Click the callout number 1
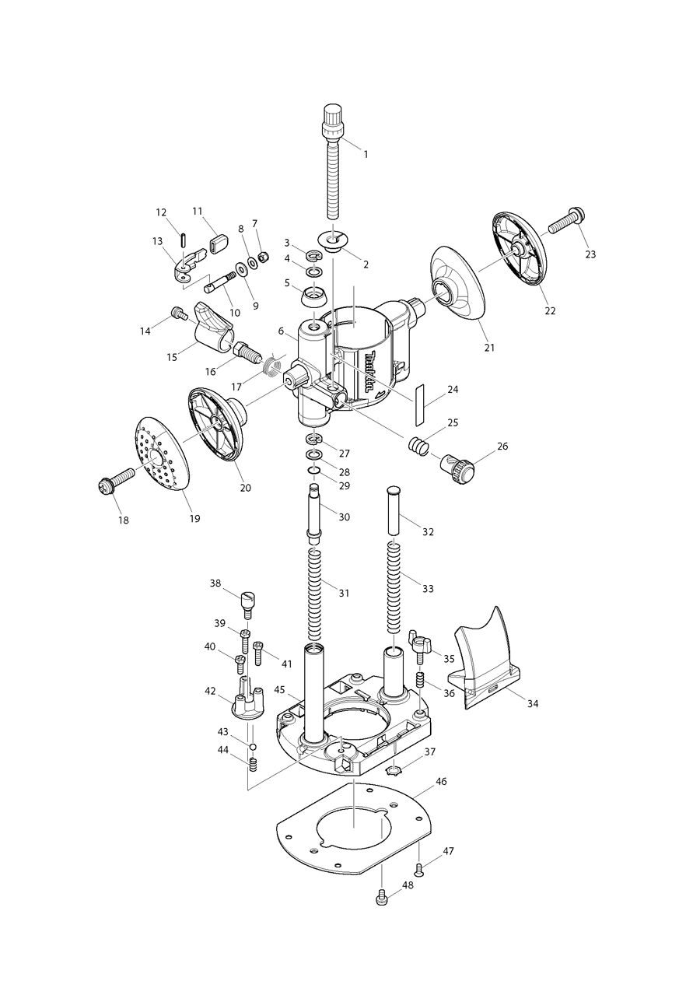coord(366,154)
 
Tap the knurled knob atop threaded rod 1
coord(333,118)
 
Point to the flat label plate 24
coord(421,403)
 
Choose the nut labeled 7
coord(263,257)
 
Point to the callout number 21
coord(489,347)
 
